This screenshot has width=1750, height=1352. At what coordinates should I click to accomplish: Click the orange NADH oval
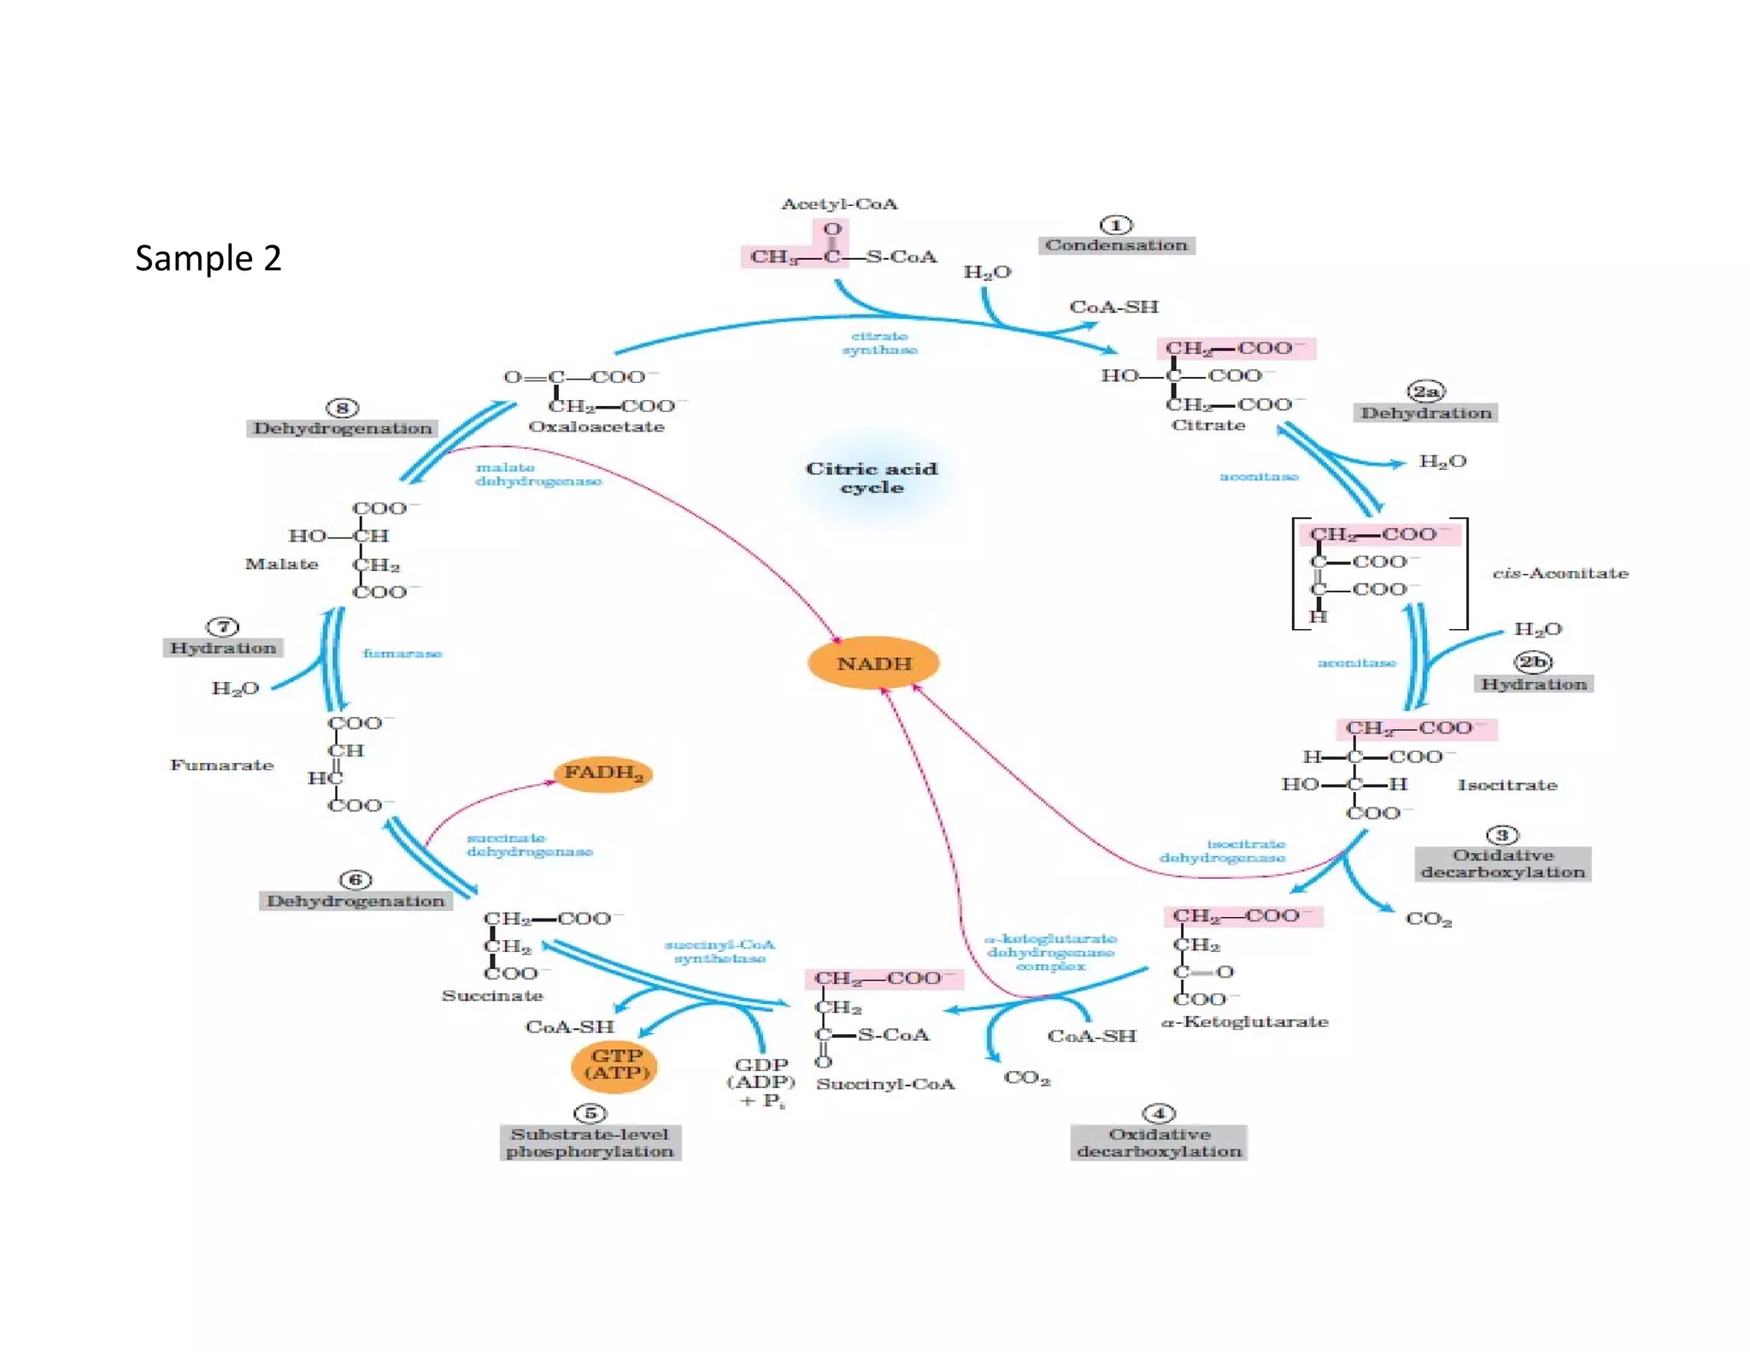pyautogui.click(x=873, y=663)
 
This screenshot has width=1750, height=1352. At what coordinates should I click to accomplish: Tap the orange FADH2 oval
pyautogui.click(x=603, y=773)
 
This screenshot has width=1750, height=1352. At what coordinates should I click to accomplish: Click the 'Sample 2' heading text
pyautogui.click(x=208, y=258)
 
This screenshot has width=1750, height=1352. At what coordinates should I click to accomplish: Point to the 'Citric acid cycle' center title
pyautogui.click(x=872, y=478)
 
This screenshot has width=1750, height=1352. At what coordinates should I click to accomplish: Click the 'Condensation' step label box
pyautogui.click(x=1116, y=245)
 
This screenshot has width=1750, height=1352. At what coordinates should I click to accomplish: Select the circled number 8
pyautogui.click(x=343, y=408)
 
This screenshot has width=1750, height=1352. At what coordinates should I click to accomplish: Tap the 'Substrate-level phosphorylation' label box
pyautogui.click(x=590, y=1143)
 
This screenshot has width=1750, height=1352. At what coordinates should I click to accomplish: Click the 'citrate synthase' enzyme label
pyautogui.click(x=879, y=343)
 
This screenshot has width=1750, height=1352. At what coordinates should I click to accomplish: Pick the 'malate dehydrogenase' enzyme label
pyautogui.click(x=537, y=474)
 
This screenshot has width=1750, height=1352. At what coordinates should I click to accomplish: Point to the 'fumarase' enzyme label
pyautogui.click(x=402, y=653)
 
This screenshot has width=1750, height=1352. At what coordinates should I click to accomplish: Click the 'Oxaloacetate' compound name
pyautogui.click(x=596, y=426)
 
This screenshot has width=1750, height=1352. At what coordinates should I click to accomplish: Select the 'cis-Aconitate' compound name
pyautogui.click(x=1560, y=573)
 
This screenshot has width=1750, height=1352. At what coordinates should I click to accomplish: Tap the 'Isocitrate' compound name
pyautogui.click(x=1507, y=785)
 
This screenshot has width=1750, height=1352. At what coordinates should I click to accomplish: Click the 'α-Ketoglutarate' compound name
pyautogui.click(x=1244, y=1021)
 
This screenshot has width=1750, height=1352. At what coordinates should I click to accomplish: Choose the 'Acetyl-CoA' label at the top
pyautogui.click(x=839, y=204)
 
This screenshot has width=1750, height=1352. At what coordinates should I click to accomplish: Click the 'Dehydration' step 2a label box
pyautogui.click(x=1425, y=413)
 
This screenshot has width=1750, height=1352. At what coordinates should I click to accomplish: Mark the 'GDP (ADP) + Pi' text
pyautogui.click(x=761, y=1082)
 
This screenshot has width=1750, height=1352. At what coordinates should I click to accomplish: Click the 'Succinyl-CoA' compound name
pyautogui.click(x=885, y=1084)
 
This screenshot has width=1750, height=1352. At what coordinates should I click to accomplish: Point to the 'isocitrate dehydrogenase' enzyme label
pyautogui.click(x=1224, y=850)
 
